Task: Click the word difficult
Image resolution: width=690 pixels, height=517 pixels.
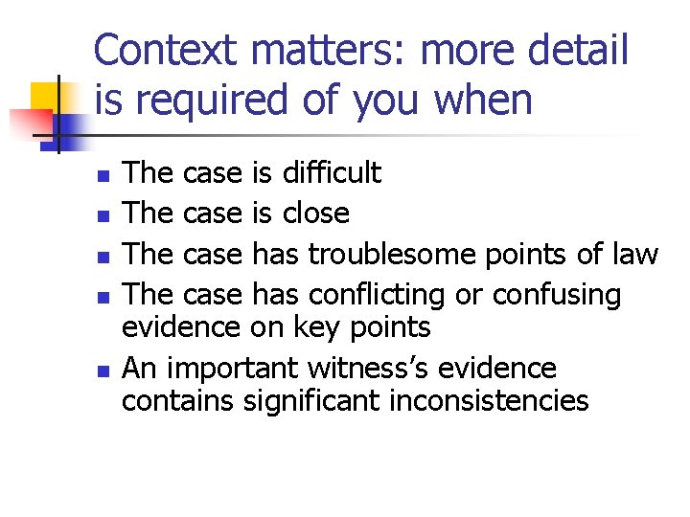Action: [331, 173]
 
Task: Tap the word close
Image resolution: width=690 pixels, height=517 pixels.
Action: [315, 213]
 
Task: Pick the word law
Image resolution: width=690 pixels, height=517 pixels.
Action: [634, 254]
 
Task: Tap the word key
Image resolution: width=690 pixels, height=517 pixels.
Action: [325, 327]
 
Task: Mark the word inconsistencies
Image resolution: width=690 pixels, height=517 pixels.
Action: [490, 400]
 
